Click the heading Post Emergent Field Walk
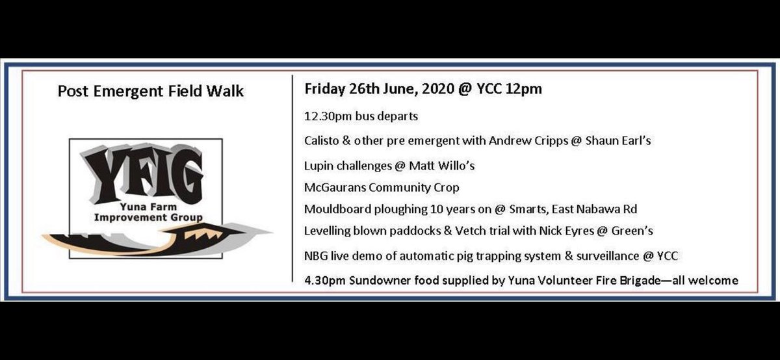pos(151,92)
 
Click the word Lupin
pos(319,166)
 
